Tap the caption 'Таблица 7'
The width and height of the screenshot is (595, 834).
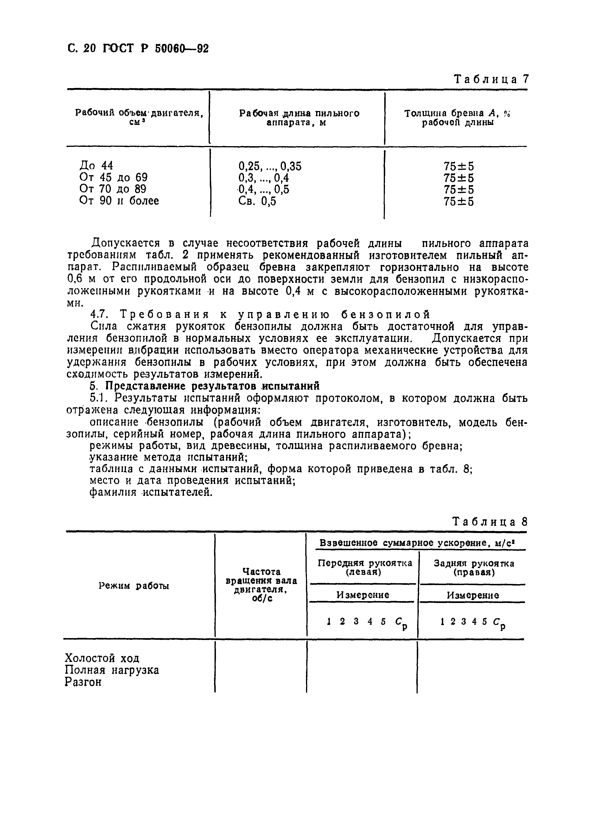[491, 79]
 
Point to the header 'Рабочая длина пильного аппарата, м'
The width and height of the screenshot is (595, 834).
[299, 118]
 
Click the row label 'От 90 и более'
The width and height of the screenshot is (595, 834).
[119, 201]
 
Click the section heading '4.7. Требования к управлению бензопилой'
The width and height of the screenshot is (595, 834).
[260, 314]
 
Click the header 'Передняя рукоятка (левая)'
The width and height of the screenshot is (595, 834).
[364, 567]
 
